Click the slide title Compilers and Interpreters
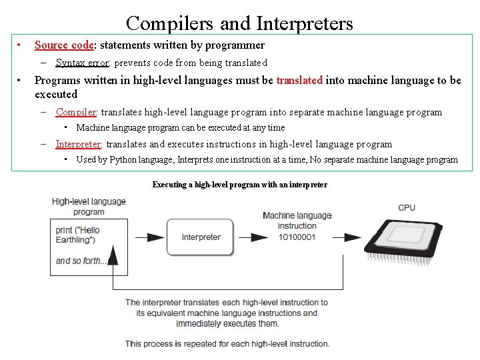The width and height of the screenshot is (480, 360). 239,23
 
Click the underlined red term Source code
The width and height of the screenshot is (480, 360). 64,45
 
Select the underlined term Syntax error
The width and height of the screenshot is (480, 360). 83,63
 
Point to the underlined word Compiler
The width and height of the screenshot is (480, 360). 76,112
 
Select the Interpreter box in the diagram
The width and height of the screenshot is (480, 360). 201,237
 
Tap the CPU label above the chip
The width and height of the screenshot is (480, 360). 407,208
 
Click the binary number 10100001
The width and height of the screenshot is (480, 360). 297,237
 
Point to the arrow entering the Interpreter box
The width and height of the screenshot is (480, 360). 155,237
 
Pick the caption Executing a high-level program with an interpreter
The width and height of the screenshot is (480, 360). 240,185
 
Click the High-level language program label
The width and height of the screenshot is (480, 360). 89,207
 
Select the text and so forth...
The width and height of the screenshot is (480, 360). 81,261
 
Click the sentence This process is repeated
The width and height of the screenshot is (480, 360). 227,344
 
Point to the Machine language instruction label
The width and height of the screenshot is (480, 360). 297,220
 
